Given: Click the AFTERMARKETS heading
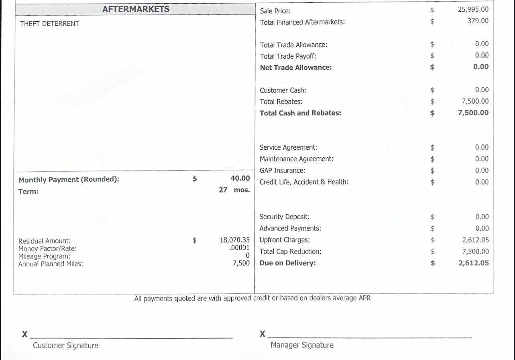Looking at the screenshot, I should (x=136, y=9).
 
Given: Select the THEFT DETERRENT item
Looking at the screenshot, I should (x=49, y=24).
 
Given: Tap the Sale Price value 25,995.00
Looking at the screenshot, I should (x=473, y=9).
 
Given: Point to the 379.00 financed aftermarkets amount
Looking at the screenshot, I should (x=478, y=20).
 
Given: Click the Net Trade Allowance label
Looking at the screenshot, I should (x=296, y=67).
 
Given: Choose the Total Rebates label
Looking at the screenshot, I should (x=281, y=102).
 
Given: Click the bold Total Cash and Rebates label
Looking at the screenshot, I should (x=300, y=113).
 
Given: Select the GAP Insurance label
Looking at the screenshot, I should (x=282, y=170).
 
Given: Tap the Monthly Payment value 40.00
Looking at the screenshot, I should (x=240, y=178).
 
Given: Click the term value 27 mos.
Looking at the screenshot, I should (x=234, y=190).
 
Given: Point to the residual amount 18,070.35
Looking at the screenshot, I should (x=234, y=240).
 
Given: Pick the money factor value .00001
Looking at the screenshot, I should (x=239, y=248).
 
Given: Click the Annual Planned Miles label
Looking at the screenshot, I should (x=51, y=264).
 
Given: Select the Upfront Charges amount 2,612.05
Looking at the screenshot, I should (x=475, y=240).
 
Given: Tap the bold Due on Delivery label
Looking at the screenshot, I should (x=287, y=263).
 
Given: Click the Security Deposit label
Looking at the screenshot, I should (x=284, y=217).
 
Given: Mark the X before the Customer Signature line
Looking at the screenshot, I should (x=25, y=334).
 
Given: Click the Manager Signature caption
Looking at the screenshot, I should (x=302, y=345).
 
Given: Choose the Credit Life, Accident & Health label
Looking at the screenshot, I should (x=304, y=182).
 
